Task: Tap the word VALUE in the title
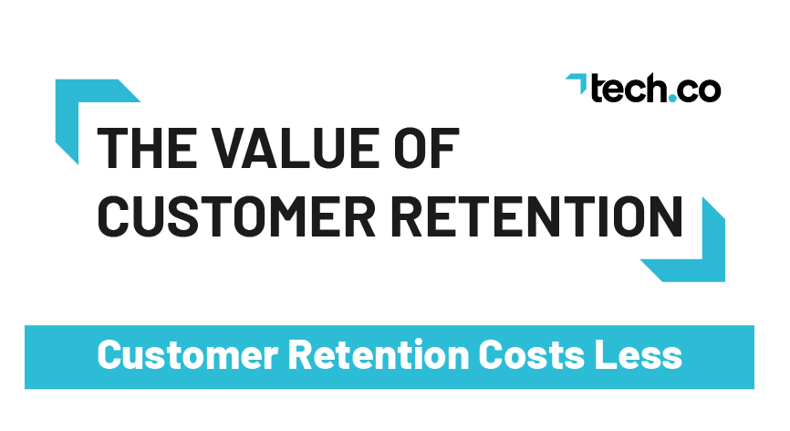[295, 148]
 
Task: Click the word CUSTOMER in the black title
[236, 216]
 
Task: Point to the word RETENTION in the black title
[536, 216]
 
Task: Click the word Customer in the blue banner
[187, 355]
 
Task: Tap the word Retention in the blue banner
[379, 355]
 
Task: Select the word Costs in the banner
[532, 355]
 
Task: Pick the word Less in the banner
[639, 355]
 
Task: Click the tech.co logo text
[656, 89]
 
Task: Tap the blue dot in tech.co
[672, 98]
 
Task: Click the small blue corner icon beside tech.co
[577, 83]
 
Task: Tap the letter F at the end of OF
[446, 148]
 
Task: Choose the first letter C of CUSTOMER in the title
[113, 216]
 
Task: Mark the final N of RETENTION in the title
[667, 216]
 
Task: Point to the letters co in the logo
[700, 91]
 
